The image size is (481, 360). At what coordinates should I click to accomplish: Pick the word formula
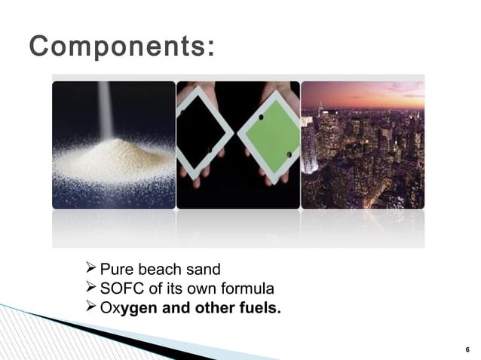coord(251,289)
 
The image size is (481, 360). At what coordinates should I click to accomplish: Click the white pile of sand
coord(113,162)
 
